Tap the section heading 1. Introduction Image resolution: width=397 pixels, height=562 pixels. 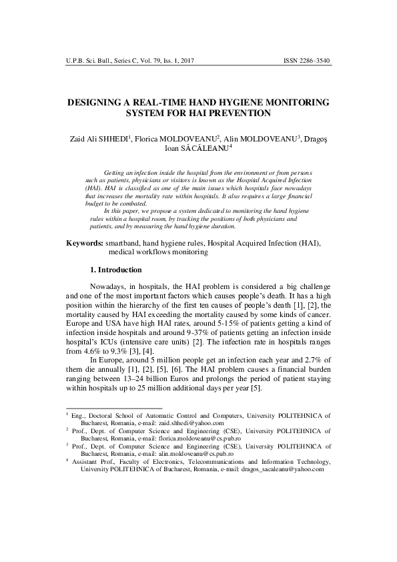115,270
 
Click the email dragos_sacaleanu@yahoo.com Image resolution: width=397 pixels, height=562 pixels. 280,469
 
